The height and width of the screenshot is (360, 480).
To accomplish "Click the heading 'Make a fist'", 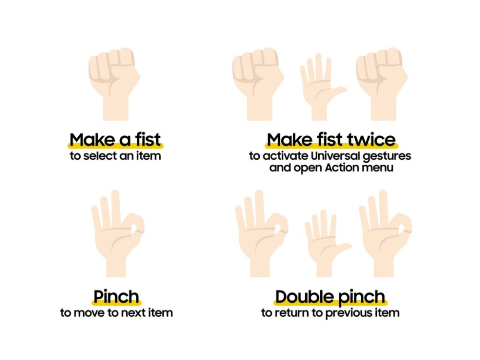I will coord(116,140).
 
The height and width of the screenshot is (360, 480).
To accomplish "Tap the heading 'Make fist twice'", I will coord(331,140).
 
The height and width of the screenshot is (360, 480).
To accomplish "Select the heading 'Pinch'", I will coord(117,297).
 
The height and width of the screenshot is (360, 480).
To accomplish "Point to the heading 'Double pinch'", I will coord(330,297).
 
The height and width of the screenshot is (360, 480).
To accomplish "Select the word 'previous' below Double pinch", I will coord(347,313).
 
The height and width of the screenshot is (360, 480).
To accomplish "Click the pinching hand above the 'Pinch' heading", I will coord(117,235).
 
